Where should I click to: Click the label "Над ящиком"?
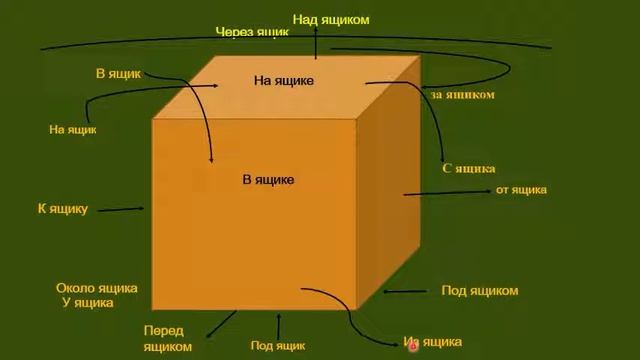(331, 19)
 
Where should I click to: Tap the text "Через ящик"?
(252, 33)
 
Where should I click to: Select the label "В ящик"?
(119, 74)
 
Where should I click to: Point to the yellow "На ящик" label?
(73, 129)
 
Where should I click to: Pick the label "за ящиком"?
(463, 95)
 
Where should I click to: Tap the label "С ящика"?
(468, 169)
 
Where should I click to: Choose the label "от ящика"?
(521, 190)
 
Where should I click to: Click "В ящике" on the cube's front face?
(268, 180)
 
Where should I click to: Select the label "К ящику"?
(63, 209)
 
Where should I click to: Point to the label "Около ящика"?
(96, 288)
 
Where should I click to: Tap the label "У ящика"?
(88, 302)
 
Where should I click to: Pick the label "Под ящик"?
(277, 346)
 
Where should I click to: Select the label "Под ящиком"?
(480, 291)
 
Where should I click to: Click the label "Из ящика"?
(434, 343)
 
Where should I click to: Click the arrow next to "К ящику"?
(122, 210)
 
